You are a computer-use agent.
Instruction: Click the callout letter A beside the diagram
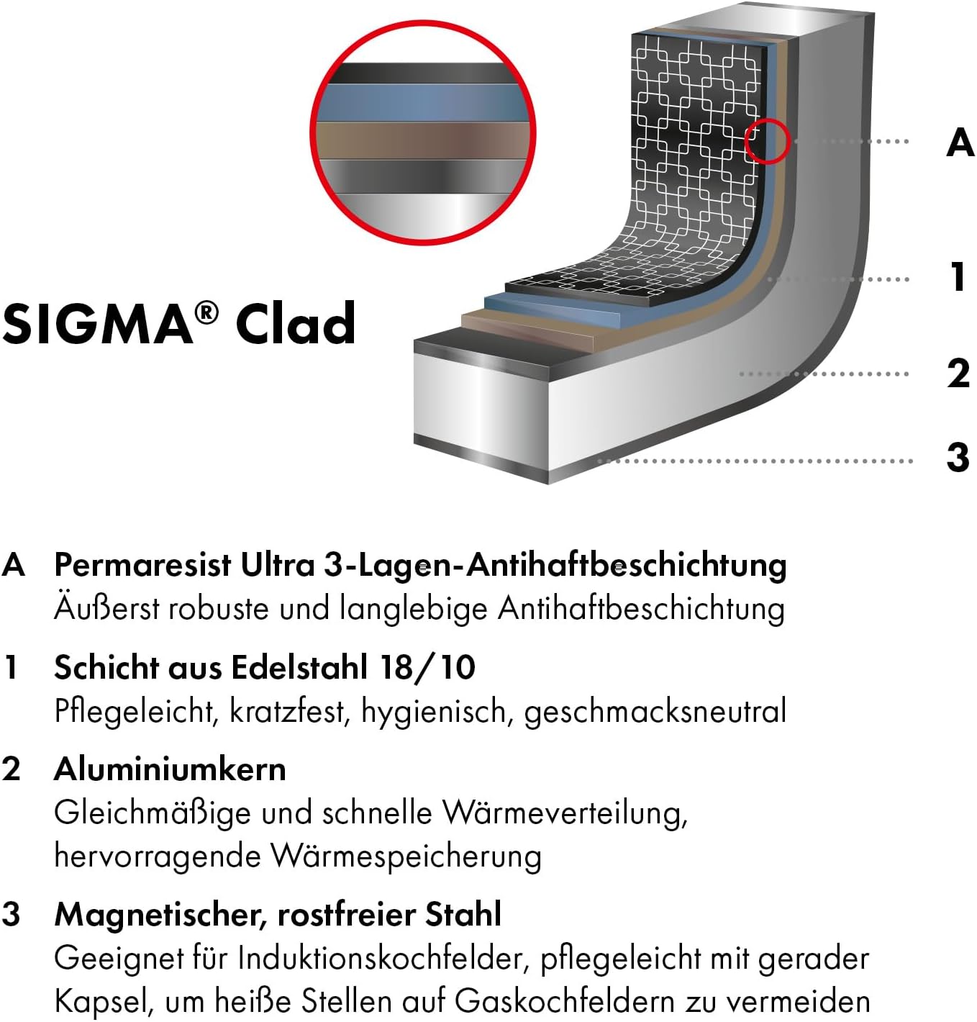point(960,142)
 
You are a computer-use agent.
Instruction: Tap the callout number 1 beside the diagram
point(958,277)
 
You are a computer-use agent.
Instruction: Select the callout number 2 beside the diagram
point(958,373)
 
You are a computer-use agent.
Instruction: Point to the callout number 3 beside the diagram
point(958,457)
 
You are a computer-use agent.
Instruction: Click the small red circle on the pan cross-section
point(767,141)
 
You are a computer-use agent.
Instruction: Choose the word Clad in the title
point(295,324)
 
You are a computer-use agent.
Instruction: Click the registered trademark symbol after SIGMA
point(206,312)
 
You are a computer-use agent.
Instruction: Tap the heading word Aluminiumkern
point(170,769)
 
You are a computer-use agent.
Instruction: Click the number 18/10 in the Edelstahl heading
point(428,667)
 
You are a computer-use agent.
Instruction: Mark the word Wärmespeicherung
point(406,856)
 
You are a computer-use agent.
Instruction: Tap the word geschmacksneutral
point(655,712)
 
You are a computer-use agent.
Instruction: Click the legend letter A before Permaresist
point(14,565)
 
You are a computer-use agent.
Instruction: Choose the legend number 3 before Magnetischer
point(12,915)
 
